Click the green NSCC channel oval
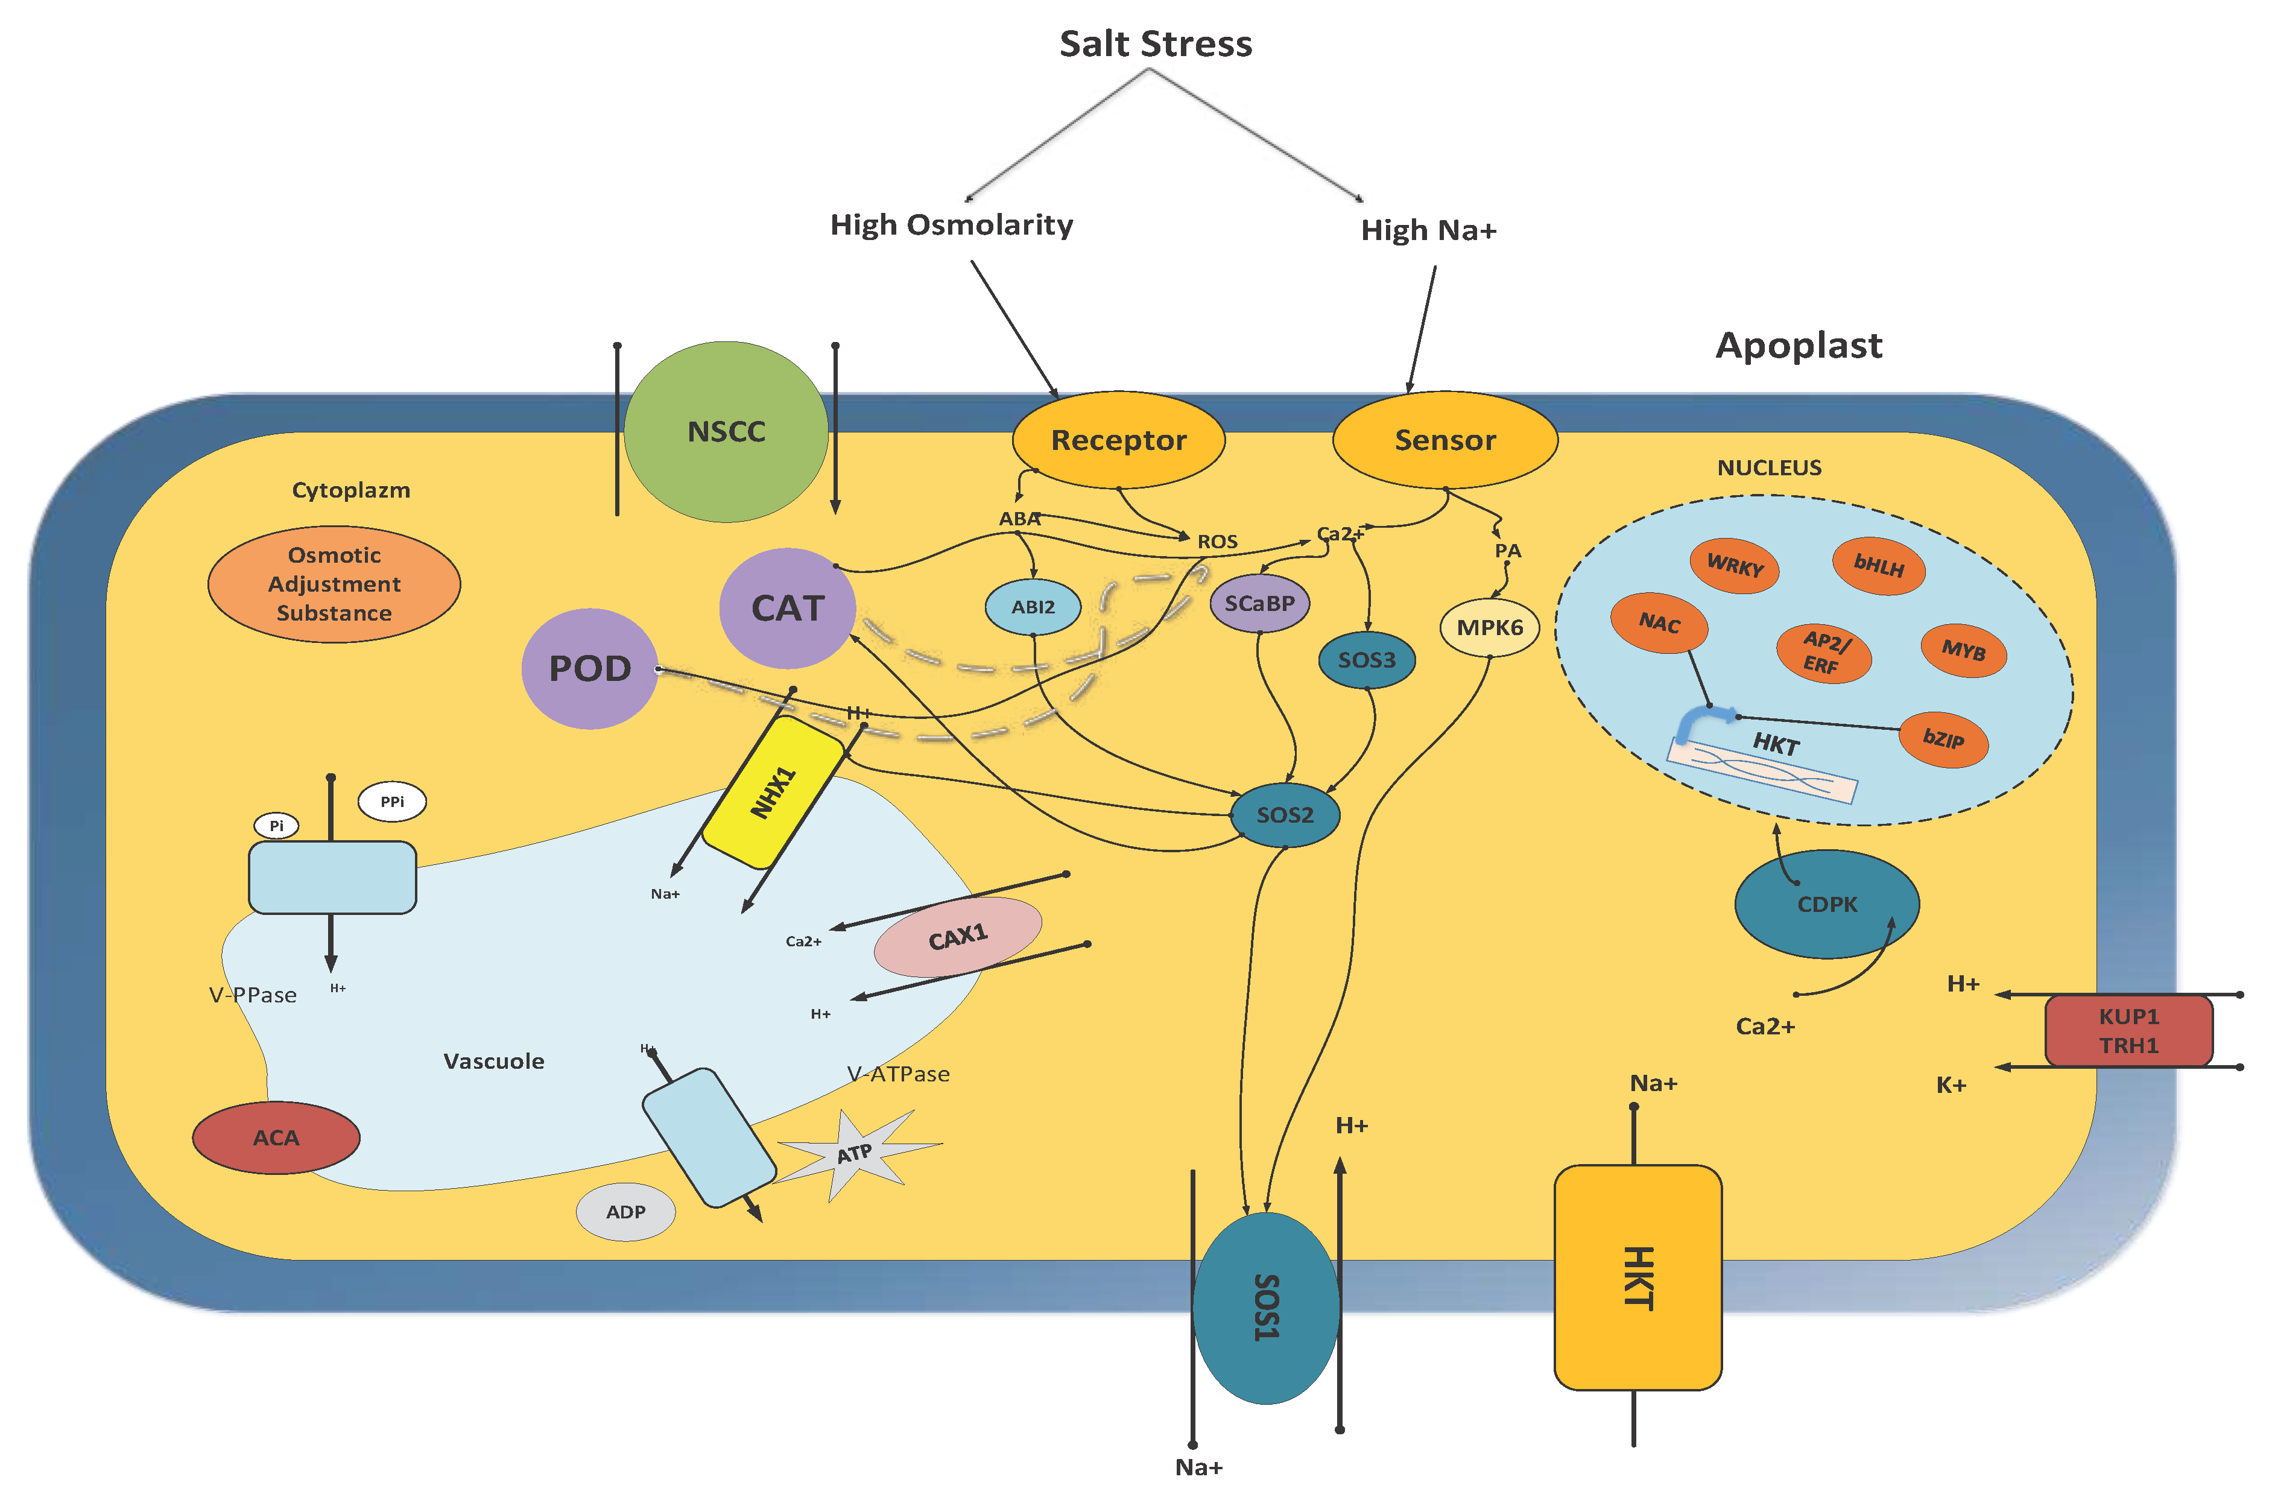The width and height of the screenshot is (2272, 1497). pos(726,431)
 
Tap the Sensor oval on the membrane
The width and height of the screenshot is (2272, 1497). pos(1445,440)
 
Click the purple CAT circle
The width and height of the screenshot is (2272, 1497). pos(786,608)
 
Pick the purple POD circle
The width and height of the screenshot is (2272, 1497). pos(589,668)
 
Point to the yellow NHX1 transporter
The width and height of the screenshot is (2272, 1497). pos(773,793)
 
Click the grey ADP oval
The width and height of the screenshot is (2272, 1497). pos(625,1212)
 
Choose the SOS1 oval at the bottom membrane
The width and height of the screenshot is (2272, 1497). pos(1266,1308)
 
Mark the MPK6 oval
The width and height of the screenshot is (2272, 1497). pos(1489,627)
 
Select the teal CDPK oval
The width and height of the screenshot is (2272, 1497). pos(1826,904)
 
